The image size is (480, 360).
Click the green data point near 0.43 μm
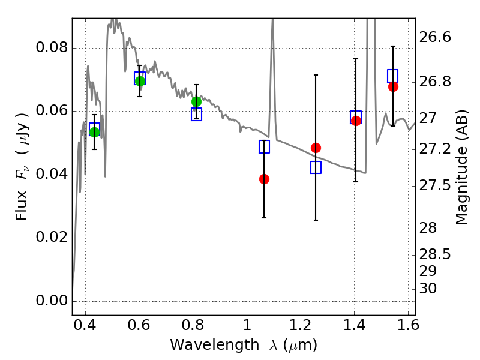pos(94,132)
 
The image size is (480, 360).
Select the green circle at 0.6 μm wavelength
pos(140,81)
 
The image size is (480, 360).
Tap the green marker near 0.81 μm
pos(196,101)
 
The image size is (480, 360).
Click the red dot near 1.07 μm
pos(264,179)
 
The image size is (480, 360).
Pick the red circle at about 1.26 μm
pos(316,148)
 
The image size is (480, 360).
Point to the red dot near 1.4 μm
pos(356,121)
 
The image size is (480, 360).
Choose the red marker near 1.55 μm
pos(393,86)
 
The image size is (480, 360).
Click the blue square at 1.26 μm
pos(316,167)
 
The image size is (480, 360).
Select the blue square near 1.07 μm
pos(264,146)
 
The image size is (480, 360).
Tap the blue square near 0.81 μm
pos(196,114)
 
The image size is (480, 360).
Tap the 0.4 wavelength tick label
pos(85,329)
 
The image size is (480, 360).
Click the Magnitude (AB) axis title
pos(461,170)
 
